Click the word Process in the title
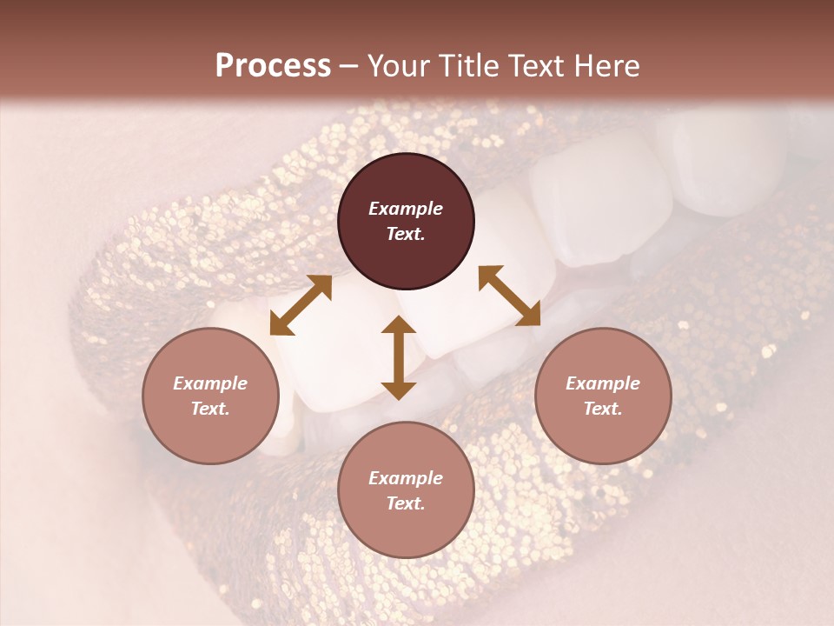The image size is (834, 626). click(x=273, y=66)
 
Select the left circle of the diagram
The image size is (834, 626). click(x=210, y=396)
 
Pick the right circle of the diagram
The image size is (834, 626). click(x=603, y=396)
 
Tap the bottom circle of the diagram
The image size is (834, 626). click(x=406, y=490)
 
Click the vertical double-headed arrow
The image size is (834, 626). click(x=399, y=358)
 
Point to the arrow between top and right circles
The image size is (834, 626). click(x=509, y=296)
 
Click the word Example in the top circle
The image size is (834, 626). click(x=406, y=209)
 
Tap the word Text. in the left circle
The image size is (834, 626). click(x=210, y=409)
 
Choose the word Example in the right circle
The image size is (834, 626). click(x=603, y=383)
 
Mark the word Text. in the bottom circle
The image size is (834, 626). click(x=406, y=503)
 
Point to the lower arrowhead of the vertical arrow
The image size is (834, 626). click(x=399, y=390)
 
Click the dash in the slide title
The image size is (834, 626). click(x=349, y=66)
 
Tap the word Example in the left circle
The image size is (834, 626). click(x=210, y=383)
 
